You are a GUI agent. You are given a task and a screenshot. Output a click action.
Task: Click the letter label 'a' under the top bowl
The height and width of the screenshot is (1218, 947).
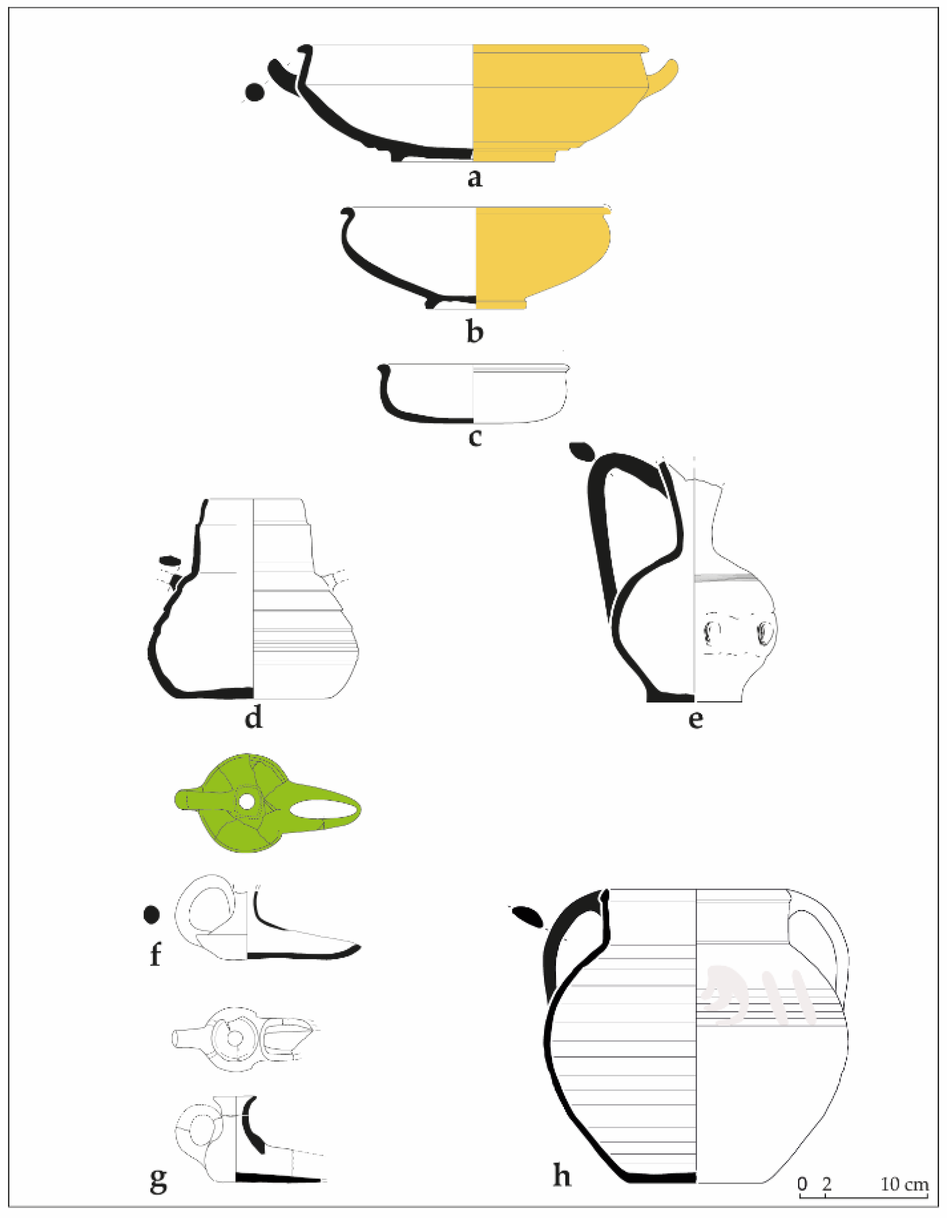[474, 179]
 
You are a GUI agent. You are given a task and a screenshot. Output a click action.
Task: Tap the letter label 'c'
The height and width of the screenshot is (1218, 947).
[474, 438]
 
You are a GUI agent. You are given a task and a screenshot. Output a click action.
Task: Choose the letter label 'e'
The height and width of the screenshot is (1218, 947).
[696, 721]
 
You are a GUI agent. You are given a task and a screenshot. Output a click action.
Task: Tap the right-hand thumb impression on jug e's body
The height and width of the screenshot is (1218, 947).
[764, 633]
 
